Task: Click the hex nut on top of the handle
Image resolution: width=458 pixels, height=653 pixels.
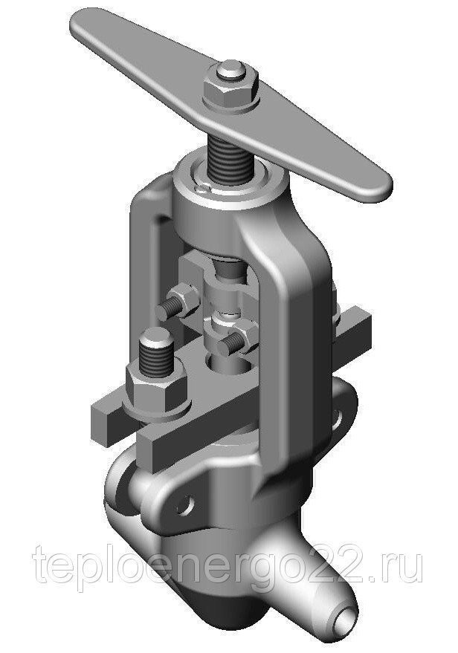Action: (x=230, y=92)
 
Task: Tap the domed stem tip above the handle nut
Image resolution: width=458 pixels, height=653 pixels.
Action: (x=231, y=71)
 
